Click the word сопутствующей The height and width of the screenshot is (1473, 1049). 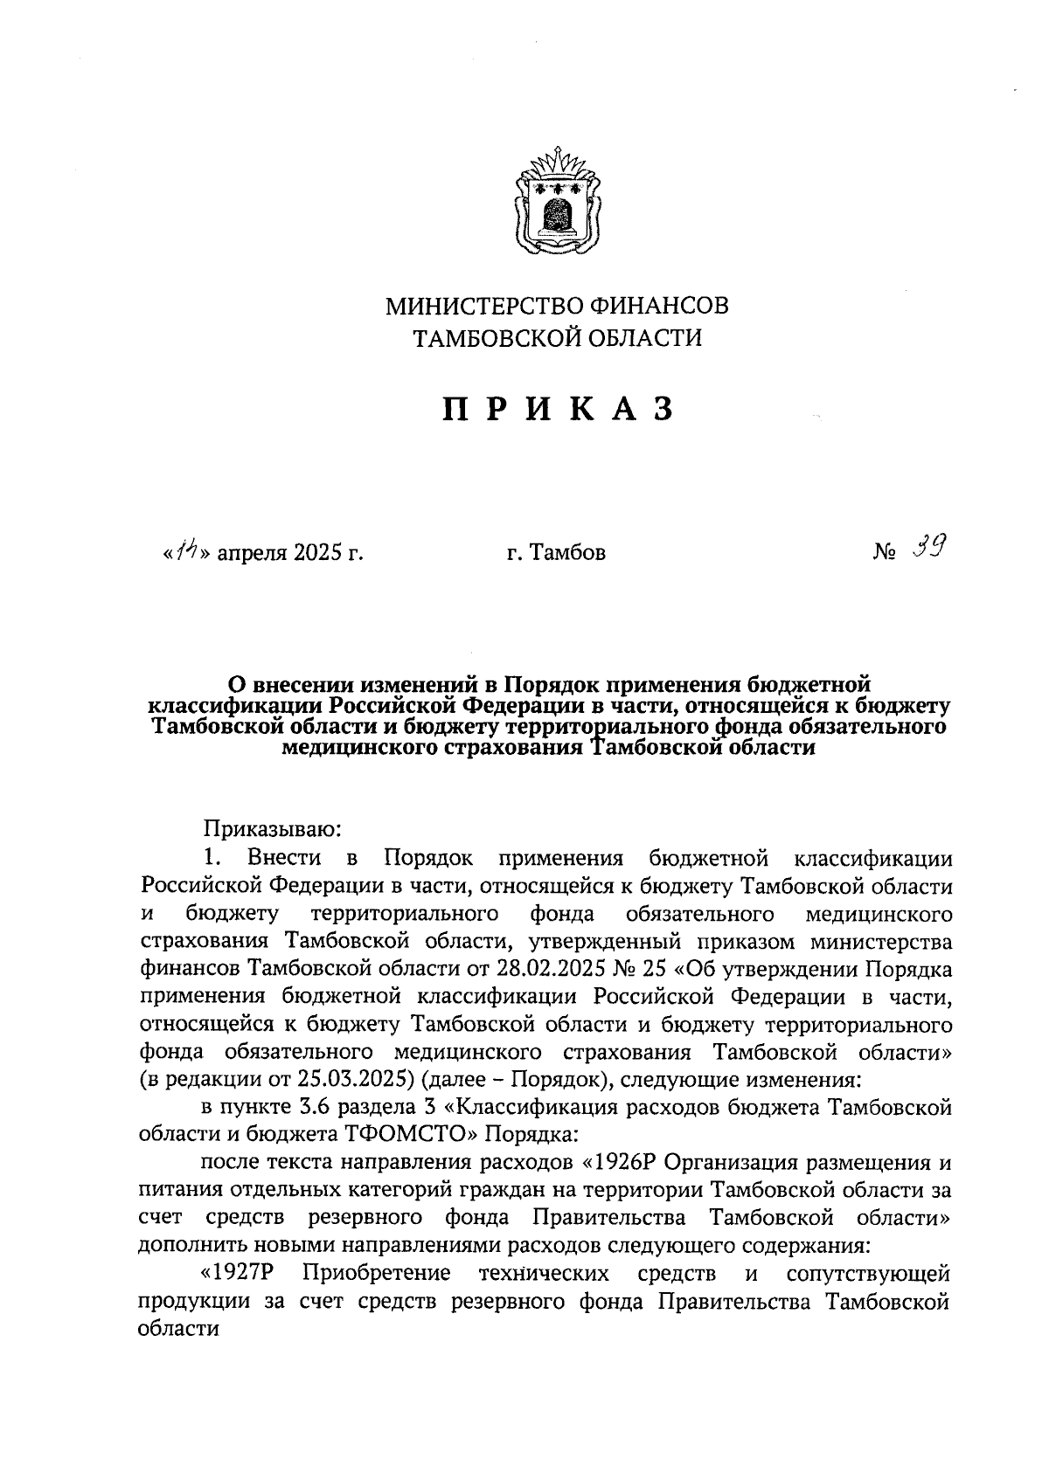click(868, 1273)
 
